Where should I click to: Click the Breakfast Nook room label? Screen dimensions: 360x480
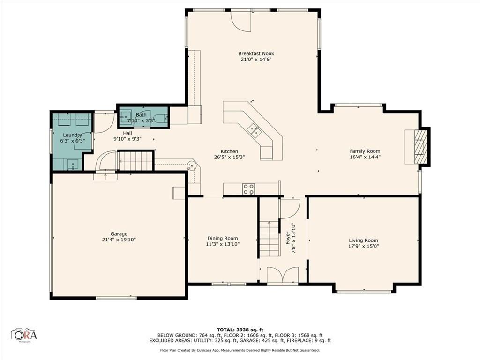click(x=255, y=53)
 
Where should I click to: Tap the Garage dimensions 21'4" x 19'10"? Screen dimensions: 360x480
click(x=119, y=240)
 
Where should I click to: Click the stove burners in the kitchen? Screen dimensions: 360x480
click(x=248, y=189)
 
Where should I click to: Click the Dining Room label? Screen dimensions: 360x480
click(x=223, y=238)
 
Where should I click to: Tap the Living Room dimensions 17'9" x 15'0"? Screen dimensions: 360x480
click(x=363, y=246)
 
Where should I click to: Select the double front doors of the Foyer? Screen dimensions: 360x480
click(x=283, y=275)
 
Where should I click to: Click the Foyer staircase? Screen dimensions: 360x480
click(x=270, y=239)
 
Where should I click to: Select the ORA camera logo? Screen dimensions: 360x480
click(x=24, y=335)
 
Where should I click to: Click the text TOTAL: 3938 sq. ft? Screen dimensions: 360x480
click(x=240, y=330)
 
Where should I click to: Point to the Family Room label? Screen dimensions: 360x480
click(x=365, y=151)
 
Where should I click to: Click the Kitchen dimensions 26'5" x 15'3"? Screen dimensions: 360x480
click(x=229, y=157)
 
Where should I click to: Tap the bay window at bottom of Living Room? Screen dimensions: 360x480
click(x=364, y=291)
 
